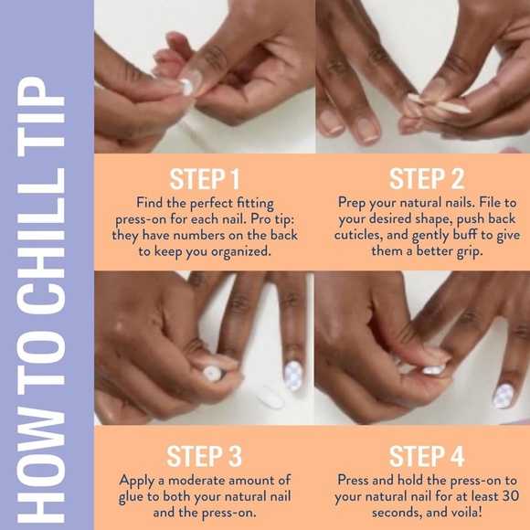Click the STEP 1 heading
point(205,177)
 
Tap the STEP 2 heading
point(426,177)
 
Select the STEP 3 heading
point(205,455)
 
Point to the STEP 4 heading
point(426,455)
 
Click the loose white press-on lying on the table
point(270,396)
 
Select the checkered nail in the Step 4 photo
point(503,395)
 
